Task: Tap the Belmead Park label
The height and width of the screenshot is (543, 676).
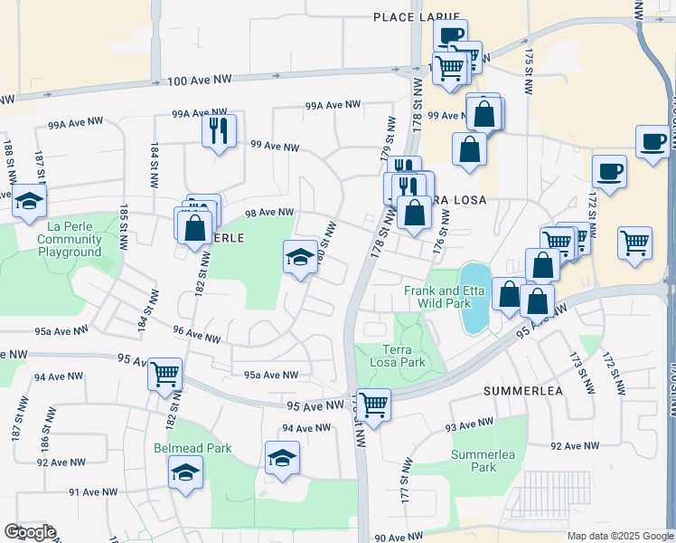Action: [x=192, y=448]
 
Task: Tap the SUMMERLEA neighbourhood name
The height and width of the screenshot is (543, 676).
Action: [x=523, y=391]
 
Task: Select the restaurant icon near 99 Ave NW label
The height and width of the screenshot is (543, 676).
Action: [x=219, y=130]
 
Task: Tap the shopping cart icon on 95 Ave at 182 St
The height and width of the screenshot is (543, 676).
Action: [x=164, y=373]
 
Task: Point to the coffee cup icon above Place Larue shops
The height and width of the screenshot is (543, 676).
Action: [x=450, y=35]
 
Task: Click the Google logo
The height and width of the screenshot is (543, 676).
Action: [x=30, y=532]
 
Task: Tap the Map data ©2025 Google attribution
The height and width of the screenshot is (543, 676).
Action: [x=619, y=536]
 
